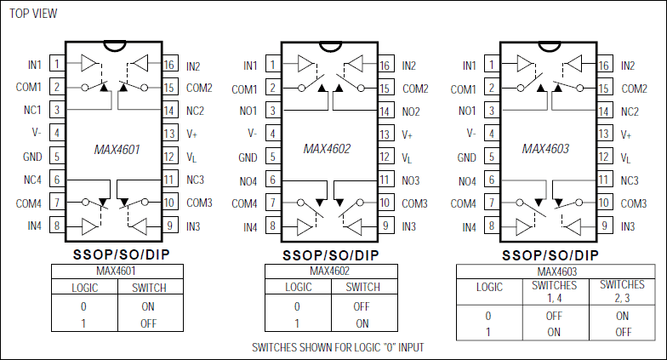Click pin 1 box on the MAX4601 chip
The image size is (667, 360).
point(56,64)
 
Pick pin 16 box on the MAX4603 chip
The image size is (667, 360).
point(605,65)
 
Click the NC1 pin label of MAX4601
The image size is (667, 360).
point(32,111)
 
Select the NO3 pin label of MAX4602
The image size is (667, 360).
point(411,180)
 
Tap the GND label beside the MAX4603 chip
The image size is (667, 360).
point(467,157)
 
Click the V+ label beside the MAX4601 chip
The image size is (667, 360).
point(192,134)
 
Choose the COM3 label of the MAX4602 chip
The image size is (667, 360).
point(414,203)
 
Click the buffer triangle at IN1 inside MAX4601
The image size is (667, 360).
point(90,62)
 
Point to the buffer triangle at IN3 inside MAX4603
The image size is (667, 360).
point(576,226)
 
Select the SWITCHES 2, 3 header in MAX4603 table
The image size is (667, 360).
point(622,291)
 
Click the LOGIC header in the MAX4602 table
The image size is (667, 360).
point(297,288)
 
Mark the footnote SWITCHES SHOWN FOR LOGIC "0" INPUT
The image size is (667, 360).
point(338,347)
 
